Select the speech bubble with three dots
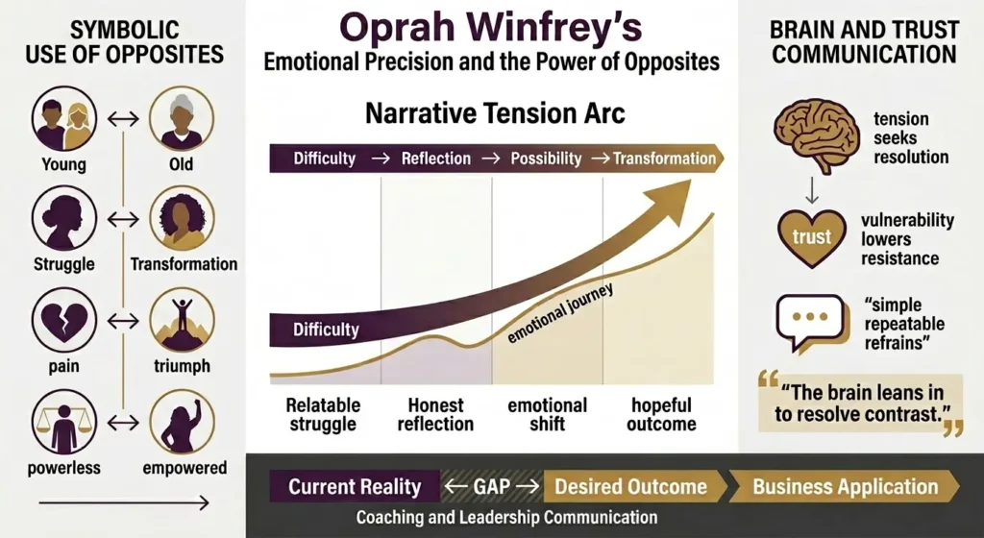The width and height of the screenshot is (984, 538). [x=810, y=320]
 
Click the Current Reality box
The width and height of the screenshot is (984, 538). [x=355, y=486]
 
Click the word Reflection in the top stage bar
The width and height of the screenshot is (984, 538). [x=436, y=158]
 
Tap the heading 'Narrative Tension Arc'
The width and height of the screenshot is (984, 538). [x=495, y=113]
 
